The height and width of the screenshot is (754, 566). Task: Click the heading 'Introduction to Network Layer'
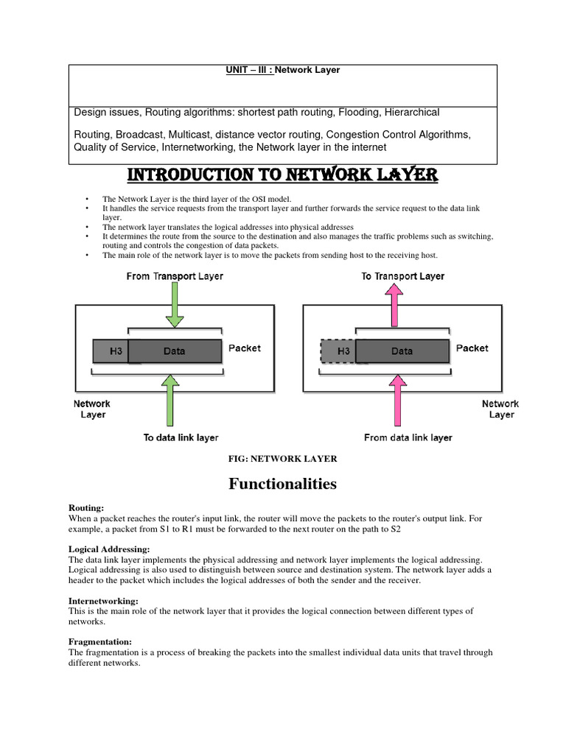click(x=283, y=175)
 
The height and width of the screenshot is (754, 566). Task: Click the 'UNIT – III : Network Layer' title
click(x=283, y=70)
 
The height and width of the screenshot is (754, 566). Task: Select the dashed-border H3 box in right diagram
click(x=338, y=351)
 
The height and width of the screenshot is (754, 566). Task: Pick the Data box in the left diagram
click(x=175, y=351)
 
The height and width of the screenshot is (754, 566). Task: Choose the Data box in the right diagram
click(x=402, y=351)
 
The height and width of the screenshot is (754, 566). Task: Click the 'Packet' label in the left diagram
click(x=244, y=348)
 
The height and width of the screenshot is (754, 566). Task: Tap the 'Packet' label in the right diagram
click(x=472, y=348)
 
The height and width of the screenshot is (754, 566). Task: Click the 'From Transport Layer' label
click(x=175, y=276)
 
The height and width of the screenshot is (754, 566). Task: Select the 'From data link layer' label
click(x=408, y=437)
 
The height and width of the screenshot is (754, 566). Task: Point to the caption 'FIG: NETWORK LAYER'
click(x=284, y=458)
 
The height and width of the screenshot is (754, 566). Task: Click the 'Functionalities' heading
click(x=282, y=484)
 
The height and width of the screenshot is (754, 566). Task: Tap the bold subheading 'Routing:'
click(x=86, y=508)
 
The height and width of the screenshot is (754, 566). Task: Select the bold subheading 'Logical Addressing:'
click(x=109, y=549)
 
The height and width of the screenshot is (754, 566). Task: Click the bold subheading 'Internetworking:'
click(x=103, y=601)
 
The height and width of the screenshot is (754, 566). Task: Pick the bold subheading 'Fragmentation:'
click(x=100, y=642)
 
